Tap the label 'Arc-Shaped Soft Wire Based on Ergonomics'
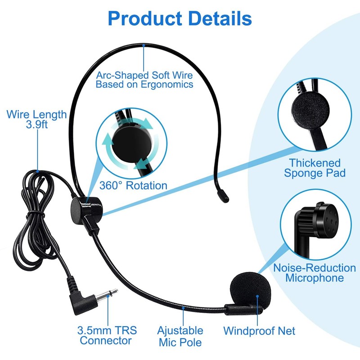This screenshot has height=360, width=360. click(x=144, y=79)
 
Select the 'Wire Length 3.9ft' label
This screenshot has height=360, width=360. click(x=36, y=119)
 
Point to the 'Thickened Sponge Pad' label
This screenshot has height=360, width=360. click(x=315, y=168)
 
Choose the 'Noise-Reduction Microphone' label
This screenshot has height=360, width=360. click(x=315, y=273)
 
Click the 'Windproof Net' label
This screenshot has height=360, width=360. click(x=259, y=331)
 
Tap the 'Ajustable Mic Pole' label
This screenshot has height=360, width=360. click(x=180, y=336)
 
